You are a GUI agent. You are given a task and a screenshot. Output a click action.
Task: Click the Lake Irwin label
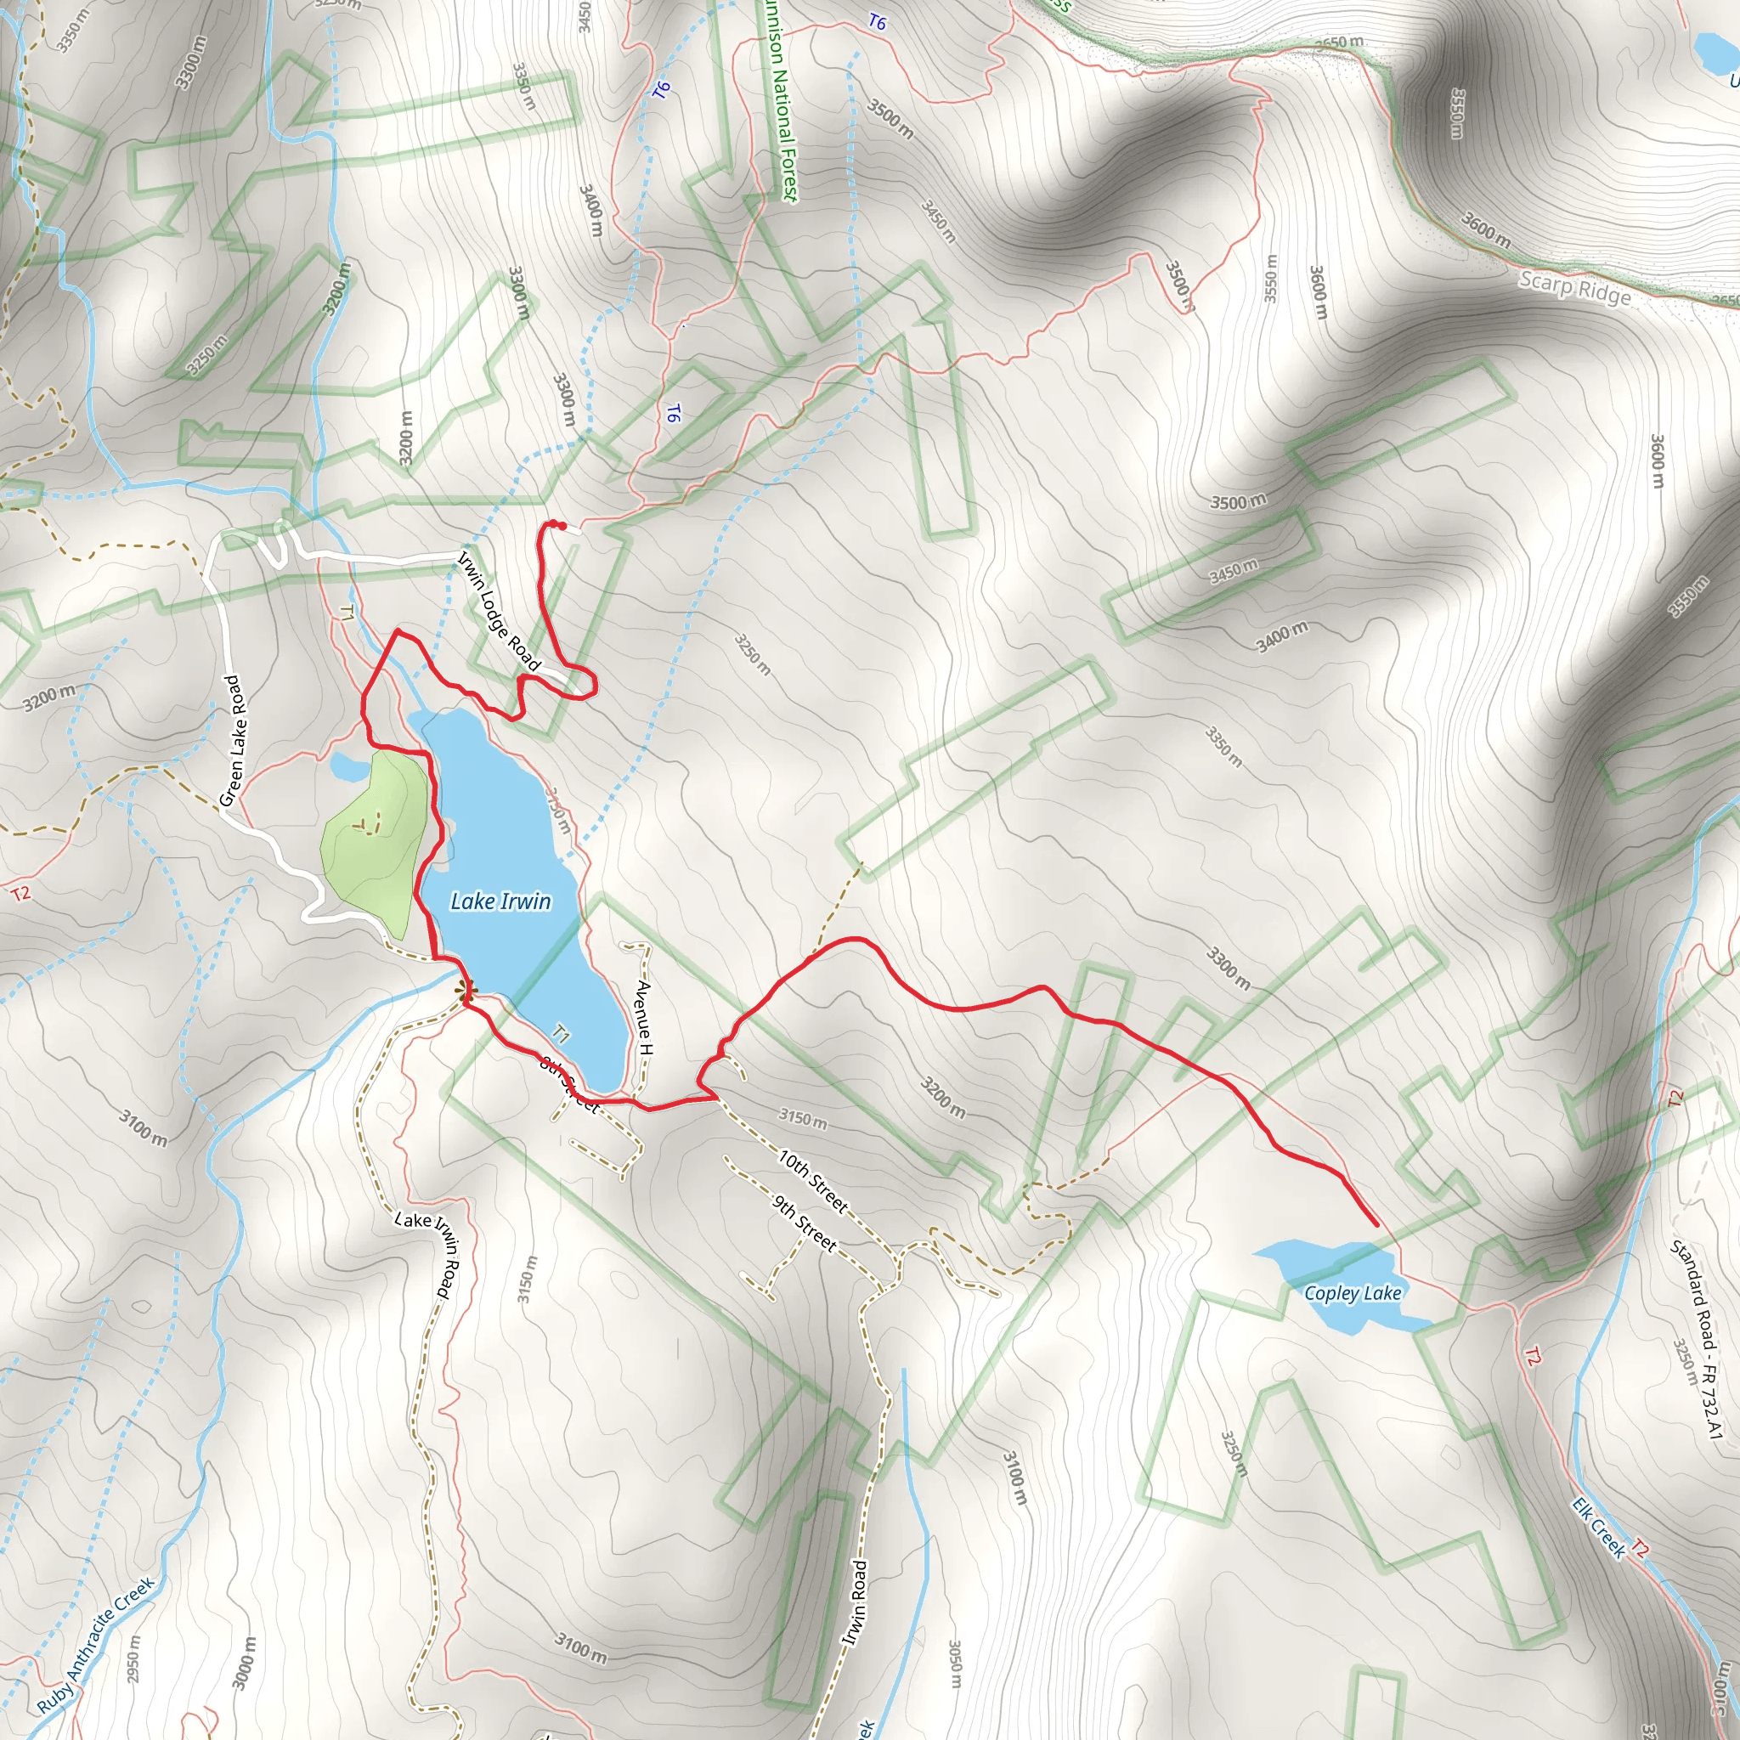pyautogui.click(x=500, y=901)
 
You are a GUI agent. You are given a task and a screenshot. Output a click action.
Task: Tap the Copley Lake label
pyautogui.click(x=1352, y=1293)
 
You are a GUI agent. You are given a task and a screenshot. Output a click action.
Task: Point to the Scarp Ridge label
pyautogui.click(x=1574, y=289)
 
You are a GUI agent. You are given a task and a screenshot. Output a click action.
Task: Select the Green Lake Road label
pyautogui.click(x=231, y=740)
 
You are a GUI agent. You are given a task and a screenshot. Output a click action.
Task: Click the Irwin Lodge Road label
pyautogui.click(x=500, y=612)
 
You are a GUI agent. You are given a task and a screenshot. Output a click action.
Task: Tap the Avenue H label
pyautogui.click(x=645, y=1017)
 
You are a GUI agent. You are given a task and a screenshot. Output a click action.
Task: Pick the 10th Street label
pyautogui.click(x=813, y=1181)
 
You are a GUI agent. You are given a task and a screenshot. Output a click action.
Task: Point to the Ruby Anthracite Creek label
pyautogui.click(x=95, y=1645)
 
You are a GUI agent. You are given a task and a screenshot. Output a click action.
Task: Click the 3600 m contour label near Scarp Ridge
pyautogui.click(x=1485, y=230)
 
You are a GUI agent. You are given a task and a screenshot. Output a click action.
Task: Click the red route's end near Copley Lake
pyautogui.click(x=1377, y=1225)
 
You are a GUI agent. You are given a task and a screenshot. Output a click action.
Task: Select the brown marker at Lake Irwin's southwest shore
pyautogui.click(x=466, y=991)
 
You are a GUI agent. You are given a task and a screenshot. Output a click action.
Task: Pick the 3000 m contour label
pyautogui.click(x=244, y=1663)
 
